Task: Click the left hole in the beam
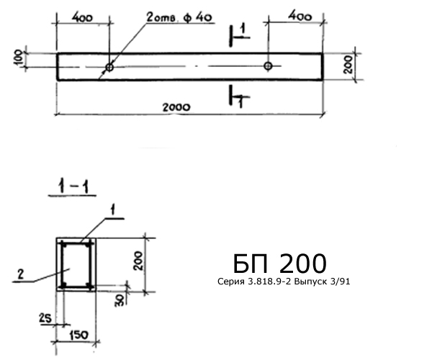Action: click(x=109, y=67)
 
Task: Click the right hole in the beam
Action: click(x=268, y=66)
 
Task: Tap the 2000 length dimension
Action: click(x=176, y=107)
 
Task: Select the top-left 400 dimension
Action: click(x=82, y=18)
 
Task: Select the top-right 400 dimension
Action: click(x=300, y=17)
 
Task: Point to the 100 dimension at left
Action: click(x=19, y=58)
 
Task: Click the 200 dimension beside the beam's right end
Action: click(x=348, y=65)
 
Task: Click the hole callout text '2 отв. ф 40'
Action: click(x=179, y=17)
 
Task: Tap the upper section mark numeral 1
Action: click(x=243, y=30)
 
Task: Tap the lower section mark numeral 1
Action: click(x=240, y=103)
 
